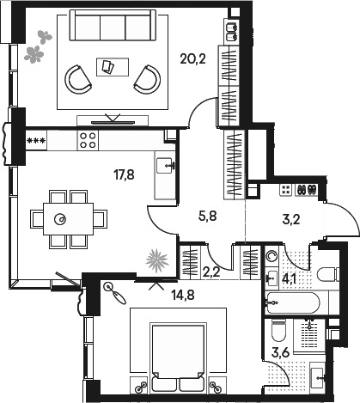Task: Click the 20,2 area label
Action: tap(193, 59)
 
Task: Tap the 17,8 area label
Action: tap(125, 174)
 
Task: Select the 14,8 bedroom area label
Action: tap(183, 295)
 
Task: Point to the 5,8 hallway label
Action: tap(207, 216)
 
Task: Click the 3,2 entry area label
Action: tap(290, 220)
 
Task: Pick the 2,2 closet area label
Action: tap(211, 272)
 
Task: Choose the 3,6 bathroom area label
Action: tap(281, 352)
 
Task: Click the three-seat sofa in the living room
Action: tap(113, 25)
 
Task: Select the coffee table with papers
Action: tap(113, 67)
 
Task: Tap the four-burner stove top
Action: tap(88, 140)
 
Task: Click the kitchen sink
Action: tap(165, 165)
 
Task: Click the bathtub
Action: tap(293, 302)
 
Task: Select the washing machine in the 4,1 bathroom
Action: tap(272, 255)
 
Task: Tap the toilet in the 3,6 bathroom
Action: tap(279, 331)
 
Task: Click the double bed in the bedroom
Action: tap(178, 357)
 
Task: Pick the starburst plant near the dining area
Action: tap(156, 260)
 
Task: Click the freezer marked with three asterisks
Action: tap(36, 140)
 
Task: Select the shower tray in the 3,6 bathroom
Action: tap(309, 337)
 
